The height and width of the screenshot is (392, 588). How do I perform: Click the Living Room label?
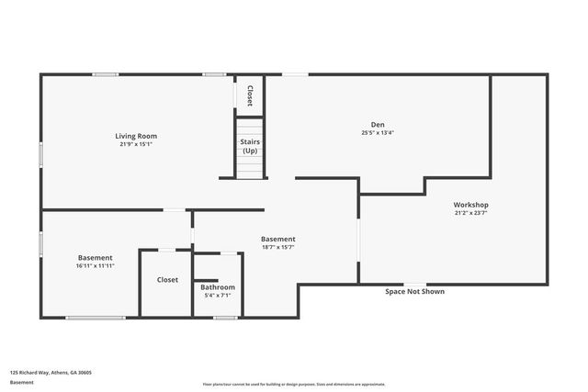click(136, 136)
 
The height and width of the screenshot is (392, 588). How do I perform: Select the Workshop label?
click(470, 205)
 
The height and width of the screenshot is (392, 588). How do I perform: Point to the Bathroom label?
click(218, 287)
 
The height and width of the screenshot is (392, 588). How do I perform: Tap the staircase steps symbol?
click(250, 167)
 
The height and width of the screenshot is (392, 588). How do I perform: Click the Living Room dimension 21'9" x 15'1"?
click(136, 144)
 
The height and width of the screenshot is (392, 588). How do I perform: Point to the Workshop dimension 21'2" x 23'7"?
click(470, 213)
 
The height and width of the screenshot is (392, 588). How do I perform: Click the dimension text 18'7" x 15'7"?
click(277, 248)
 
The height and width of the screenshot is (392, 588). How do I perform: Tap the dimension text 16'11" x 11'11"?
click(96, 266)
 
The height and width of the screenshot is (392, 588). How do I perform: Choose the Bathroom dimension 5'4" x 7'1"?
click(218, 296)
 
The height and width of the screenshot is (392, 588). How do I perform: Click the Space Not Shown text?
click(414, 292)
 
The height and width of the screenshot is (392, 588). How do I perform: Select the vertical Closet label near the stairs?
click(249, 95)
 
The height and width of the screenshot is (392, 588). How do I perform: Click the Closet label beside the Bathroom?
click(167, 280)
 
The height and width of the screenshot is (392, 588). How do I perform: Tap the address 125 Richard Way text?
click(51, 373)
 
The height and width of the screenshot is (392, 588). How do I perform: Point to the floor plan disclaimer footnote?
click(294, 385)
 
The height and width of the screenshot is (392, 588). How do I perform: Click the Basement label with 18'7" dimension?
click(277, 240)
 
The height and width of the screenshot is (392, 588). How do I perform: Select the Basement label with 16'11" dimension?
click(96, 258)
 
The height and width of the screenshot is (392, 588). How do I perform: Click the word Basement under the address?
click(21, 382)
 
